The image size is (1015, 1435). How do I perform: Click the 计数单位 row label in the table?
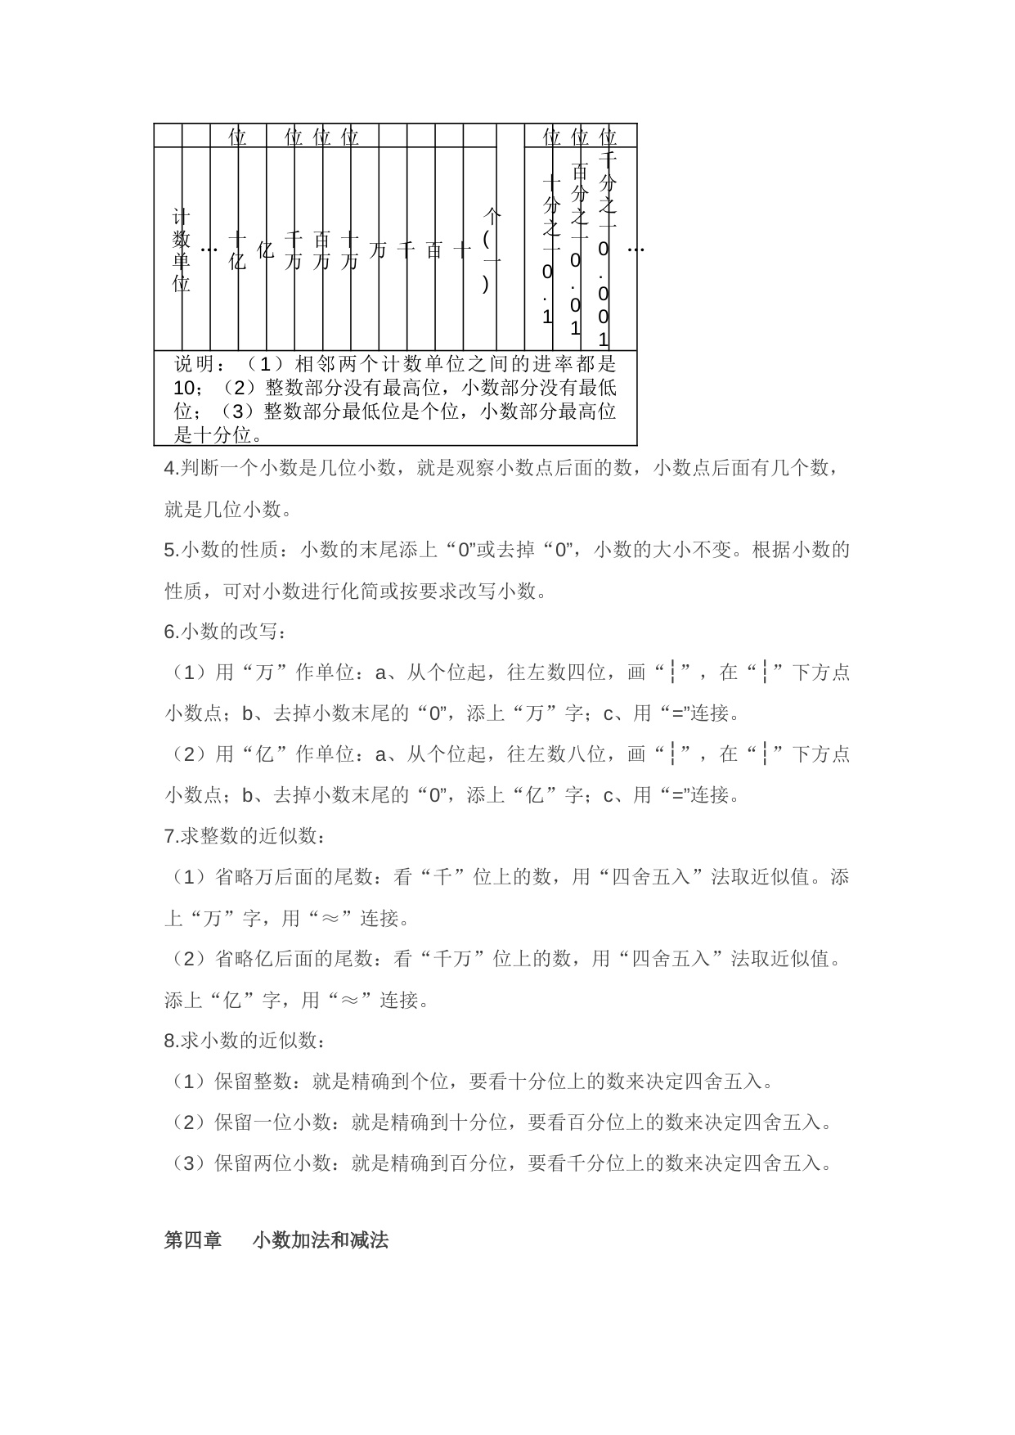[x=181, y=250]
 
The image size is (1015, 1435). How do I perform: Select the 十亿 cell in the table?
[x=237, y=250]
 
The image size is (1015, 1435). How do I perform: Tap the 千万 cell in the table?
[x=293, y=250]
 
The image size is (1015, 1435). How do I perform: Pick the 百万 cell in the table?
[x=321, y=250]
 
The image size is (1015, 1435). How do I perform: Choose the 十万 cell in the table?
[x=349, y=250]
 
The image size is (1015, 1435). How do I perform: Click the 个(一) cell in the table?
[x=492, y=250]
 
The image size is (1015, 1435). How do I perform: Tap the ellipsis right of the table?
[x=635, y=250]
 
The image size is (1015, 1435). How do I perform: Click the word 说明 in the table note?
[x=194, y=363]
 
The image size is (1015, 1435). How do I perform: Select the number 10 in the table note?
[x=184, y=387]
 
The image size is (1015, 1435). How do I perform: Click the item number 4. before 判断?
[x=171, y=469]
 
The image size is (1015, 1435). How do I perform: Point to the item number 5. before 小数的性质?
[x=171, y=551]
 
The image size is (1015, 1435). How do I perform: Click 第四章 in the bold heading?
[x=193, y=1240]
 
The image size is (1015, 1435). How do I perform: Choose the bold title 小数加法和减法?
[x=320, y=1240]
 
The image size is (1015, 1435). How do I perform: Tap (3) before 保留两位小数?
[x=189, y=1163]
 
